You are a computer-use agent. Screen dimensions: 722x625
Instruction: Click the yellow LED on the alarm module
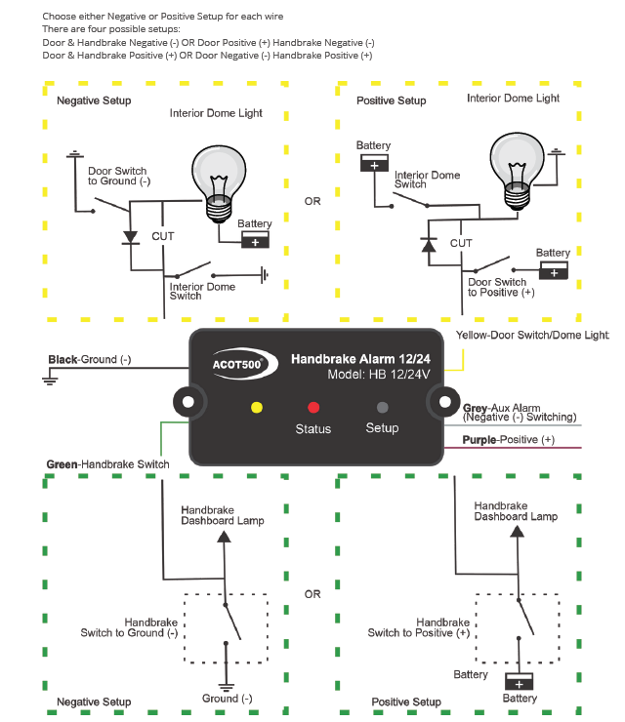tap(257, 407)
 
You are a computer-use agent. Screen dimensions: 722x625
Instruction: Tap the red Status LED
tap(313, 407)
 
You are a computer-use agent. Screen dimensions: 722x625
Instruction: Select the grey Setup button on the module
tap(383, 407)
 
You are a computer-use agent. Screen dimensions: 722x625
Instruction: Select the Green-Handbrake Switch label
tap(107, 464)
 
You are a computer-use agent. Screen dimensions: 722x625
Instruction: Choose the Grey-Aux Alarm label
tap(518, 412)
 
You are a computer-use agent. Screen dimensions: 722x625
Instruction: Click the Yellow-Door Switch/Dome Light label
tap(531, 335)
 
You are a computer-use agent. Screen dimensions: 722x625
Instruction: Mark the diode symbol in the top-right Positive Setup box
tap(428, 243)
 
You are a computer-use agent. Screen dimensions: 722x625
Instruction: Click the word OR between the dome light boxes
tap(312, 202)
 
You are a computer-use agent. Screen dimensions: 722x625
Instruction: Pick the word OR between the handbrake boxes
tap(312, 594)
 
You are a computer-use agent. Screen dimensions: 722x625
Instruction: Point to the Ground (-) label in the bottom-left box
tap(228, 698)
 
